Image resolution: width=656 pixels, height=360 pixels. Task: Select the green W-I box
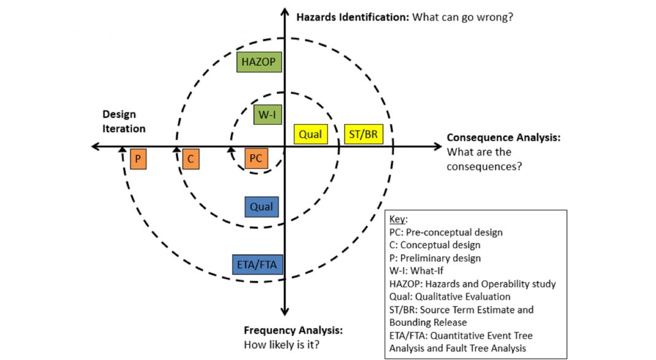coord(267,114)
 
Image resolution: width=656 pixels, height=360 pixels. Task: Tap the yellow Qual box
coord(310,134)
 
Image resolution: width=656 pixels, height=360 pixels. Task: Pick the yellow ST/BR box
coord(363,134)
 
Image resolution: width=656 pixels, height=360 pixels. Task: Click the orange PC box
coord(256,158)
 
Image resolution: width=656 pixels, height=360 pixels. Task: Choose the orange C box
coord(191,159)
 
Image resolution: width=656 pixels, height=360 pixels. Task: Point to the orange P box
coord(138,159)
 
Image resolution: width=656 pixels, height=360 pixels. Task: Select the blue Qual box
coord(261,207)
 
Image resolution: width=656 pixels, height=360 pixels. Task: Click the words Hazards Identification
coord(353,17)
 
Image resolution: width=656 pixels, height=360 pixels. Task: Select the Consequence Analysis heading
coord(503,138)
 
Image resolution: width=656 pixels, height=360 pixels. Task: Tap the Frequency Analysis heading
coord(293,331)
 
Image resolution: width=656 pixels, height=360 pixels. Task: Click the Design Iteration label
coord(123,122)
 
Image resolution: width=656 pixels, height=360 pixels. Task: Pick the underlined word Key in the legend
coord(398,220)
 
